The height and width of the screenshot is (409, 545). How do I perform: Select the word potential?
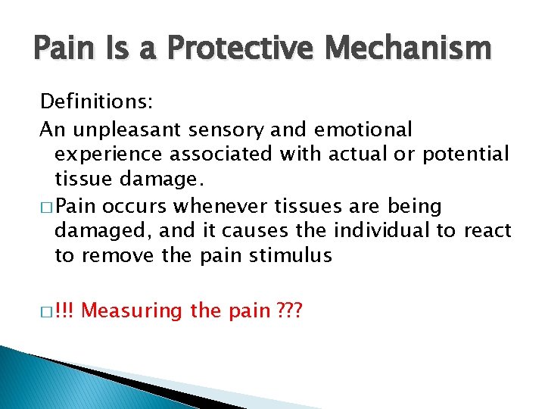pyautogui.click(x=466, y=155)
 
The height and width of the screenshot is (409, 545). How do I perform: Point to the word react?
pyautogui.click(x=490, y=230)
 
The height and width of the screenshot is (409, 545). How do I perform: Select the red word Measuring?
pyautogui.click(x=132, y=311)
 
